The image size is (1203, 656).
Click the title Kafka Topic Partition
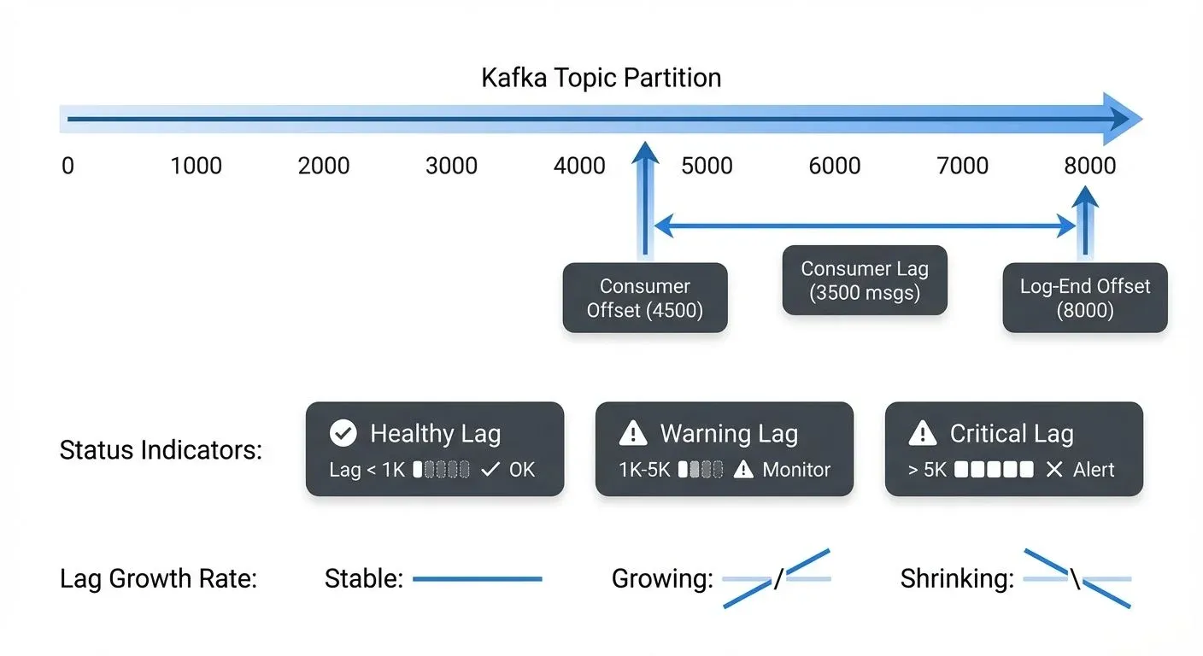[x=601, y=78]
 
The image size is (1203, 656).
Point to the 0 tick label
[x=67, y=165]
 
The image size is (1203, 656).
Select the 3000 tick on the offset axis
[x=451, y=165]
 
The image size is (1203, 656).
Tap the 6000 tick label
[x=834, y=165]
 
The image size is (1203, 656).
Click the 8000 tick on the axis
[x=1089, y=165]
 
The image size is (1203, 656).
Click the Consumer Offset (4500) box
[x=644, y=298]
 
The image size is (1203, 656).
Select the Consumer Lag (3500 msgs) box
[x=864, y=280]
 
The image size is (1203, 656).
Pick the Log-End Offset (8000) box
[x=1084, y=298]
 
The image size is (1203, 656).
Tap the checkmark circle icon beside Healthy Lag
[x=343, y=433]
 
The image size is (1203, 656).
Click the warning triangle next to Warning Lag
[x=632, y=433]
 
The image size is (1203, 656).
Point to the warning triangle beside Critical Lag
[x=922, y=433]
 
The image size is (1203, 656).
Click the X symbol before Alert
[x=1054, y=469]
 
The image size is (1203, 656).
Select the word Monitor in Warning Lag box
[x=796, y=469]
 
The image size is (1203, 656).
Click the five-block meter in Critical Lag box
[x=994, y=469]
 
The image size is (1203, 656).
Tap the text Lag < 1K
[x=367, y=469]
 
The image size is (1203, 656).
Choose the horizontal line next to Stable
[x=477, y=579]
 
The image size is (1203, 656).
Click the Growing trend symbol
[x=777, y=579]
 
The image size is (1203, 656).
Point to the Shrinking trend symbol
[x=1077, y=579]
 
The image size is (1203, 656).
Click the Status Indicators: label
[x=161, y=449]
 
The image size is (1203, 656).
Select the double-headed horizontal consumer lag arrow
[x=864, y=226]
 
